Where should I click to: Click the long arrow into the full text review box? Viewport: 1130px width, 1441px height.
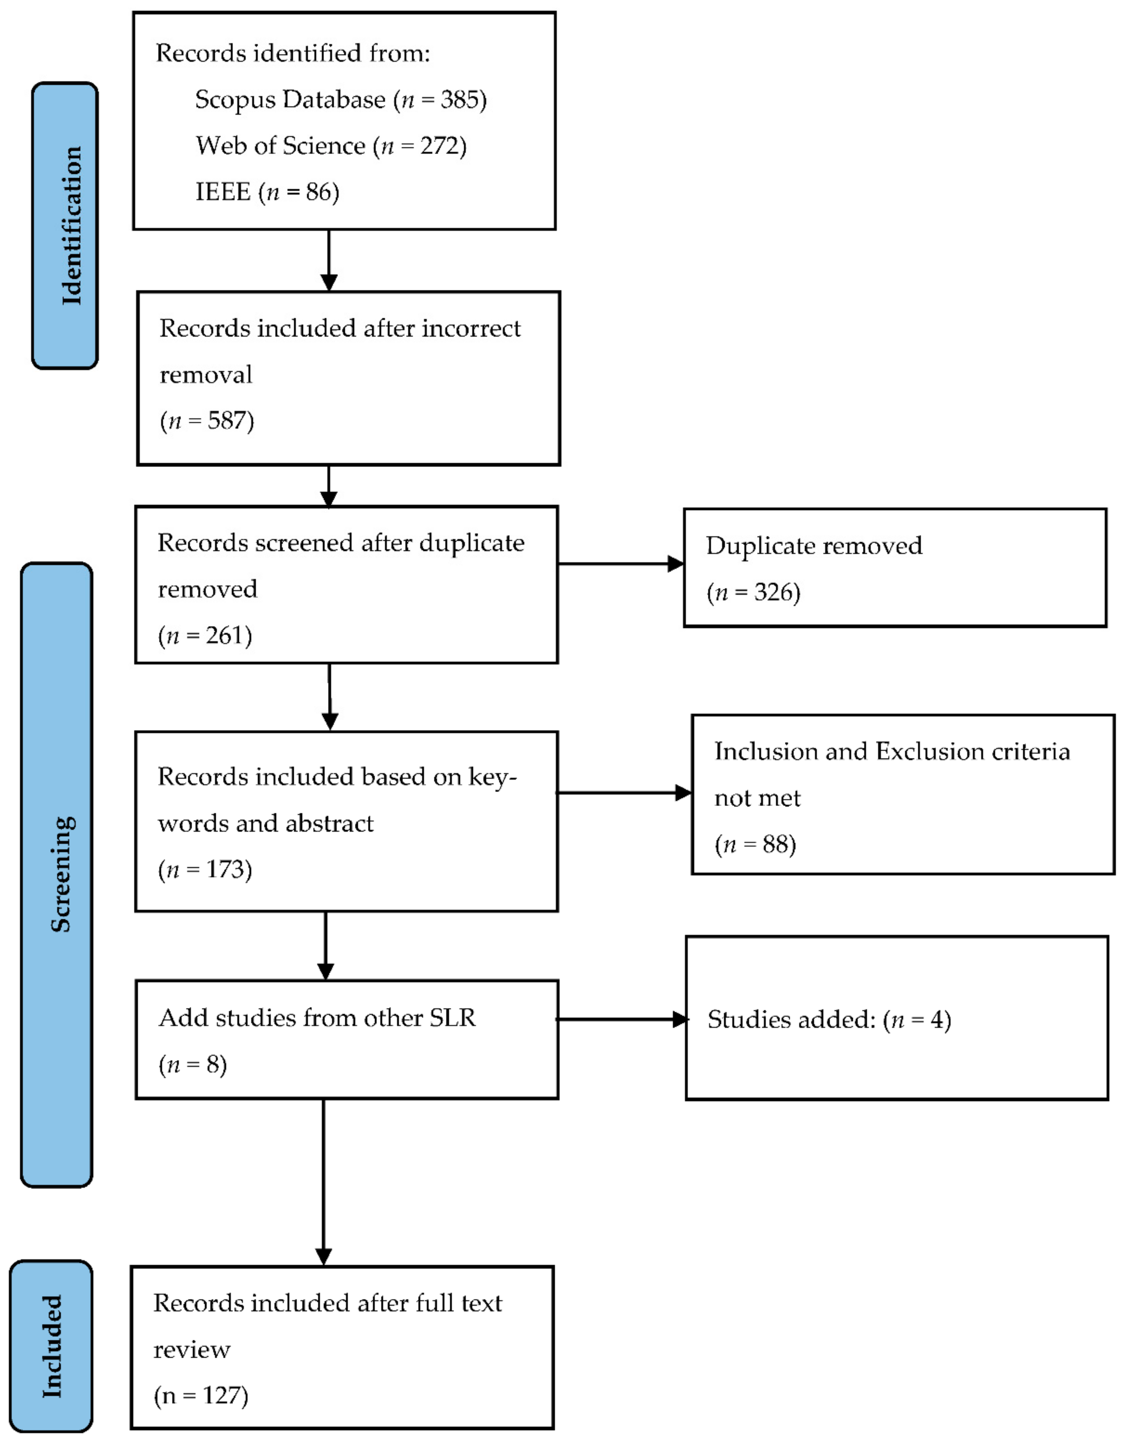pyautogui.click(x=324, y=1184)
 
